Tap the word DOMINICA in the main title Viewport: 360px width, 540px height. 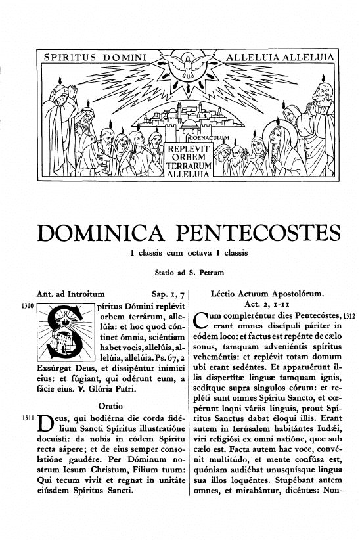click(95, 233)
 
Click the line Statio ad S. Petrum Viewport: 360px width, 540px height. click(179, 271)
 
